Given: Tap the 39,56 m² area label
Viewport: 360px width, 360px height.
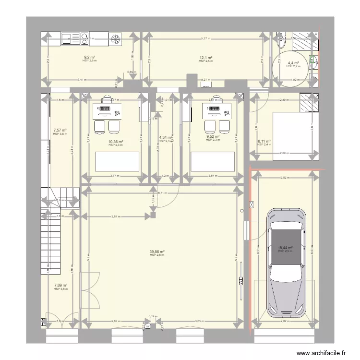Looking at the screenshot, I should tap(156, 252).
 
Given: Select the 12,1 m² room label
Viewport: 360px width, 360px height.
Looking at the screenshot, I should tap(206, 58).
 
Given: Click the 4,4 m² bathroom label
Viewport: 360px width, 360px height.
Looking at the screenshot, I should tap(293, 63).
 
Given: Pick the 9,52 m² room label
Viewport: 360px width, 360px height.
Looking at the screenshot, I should tap(213, 136).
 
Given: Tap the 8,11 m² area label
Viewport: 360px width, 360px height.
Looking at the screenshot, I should tap(264, 142).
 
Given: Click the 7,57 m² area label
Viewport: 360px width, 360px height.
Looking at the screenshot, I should tap(60, 130).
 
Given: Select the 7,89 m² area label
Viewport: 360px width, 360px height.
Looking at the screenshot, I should tap(60, 286).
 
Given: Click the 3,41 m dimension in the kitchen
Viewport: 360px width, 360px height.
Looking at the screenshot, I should tap(82, 80).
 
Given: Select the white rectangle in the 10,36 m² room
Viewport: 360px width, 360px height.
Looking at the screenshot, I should tap(117, 161).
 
